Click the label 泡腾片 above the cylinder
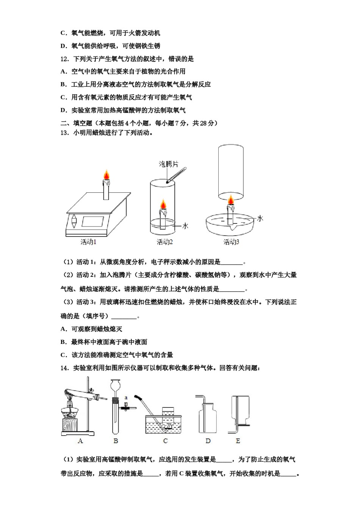click(168, 164)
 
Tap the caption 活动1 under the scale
click(88, 242)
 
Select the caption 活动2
click(165, 242)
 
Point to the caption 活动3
click(231, 242)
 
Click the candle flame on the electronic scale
click(107, 176)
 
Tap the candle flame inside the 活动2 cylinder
click(163, 204)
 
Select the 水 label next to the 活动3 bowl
click(260, 219)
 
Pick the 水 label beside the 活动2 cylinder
click(185, 226)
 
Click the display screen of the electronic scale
click(93, 222)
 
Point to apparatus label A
click(80, 441)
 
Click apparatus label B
click(116, 441)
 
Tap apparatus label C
click(165, 441)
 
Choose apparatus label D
click(208, 441)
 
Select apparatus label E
click(238, 441)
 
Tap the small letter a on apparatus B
click(126, 398)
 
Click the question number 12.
click(64, 59)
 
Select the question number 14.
click(64, 368)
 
